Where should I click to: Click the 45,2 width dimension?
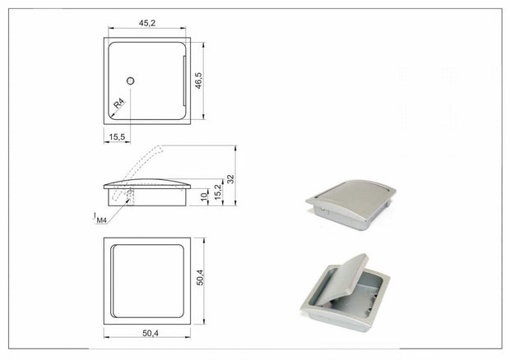(x=147, y=24)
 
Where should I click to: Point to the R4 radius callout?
(x=119, y=103)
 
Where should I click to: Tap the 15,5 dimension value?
(x=116, y=136)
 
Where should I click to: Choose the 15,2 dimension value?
(x=217, y=192)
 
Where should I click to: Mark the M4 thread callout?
(x=101, y=219)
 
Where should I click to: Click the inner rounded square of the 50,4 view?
(x=147, y=281)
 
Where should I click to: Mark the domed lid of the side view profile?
(x=148, y=181)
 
